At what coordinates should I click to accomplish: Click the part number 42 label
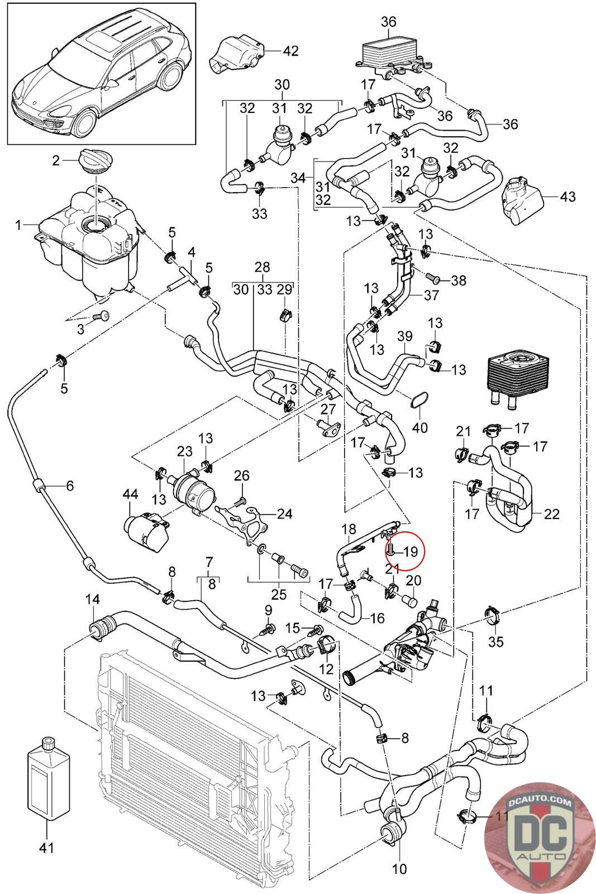[x=291, y=51]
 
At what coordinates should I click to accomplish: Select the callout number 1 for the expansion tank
[x=18, y=225]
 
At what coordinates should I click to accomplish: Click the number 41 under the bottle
[x=47, y=848]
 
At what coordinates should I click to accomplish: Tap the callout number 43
[x=567, y=197]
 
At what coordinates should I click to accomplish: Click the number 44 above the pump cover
[x=130, y=493]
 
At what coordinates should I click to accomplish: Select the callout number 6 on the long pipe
[x=70, y=486]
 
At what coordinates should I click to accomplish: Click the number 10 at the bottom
[x=400, y=869]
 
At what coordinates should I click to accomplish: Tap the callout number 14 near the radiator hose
[x=92, y=600]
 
